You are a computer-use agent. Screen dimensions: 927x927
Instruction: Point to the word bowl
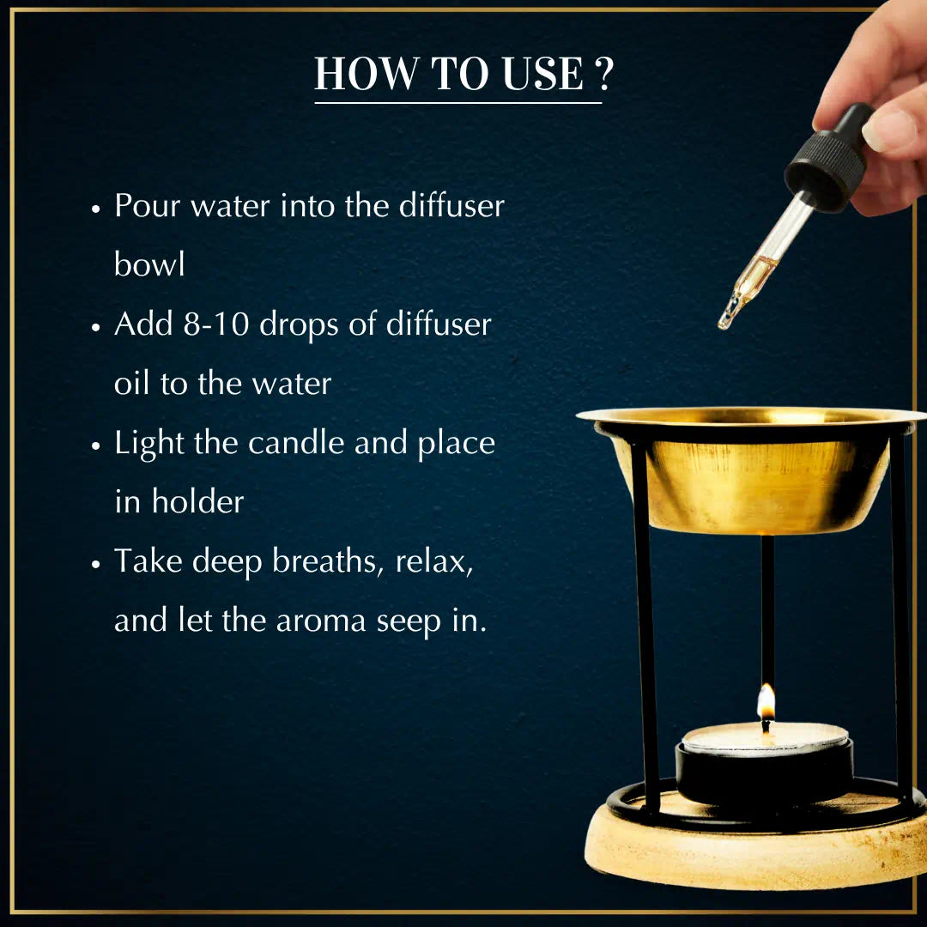tap(149, 264)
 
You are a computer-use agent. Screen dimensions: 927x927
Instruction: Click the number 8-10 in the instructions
tap(216, 324)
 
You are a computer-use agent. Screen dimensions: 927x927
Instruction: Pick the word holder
tap(197, 500)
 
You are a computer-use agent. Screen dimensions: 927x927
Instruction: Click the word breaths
tap(324, 560)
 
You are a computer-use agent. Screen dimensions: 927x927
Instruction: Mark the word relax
tap(434, 561)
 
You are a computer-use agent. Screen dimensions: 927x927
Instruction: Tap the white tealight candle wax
tap(765, 739)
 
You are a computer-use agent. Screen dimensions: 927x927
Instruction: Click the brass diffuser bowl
tap(751, 470)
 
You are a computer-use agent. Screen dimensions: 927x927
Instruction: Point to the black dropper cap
tap(829, 157)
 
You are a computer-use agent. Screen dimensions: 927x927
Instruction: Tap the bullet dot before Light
tap(96, 445)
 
